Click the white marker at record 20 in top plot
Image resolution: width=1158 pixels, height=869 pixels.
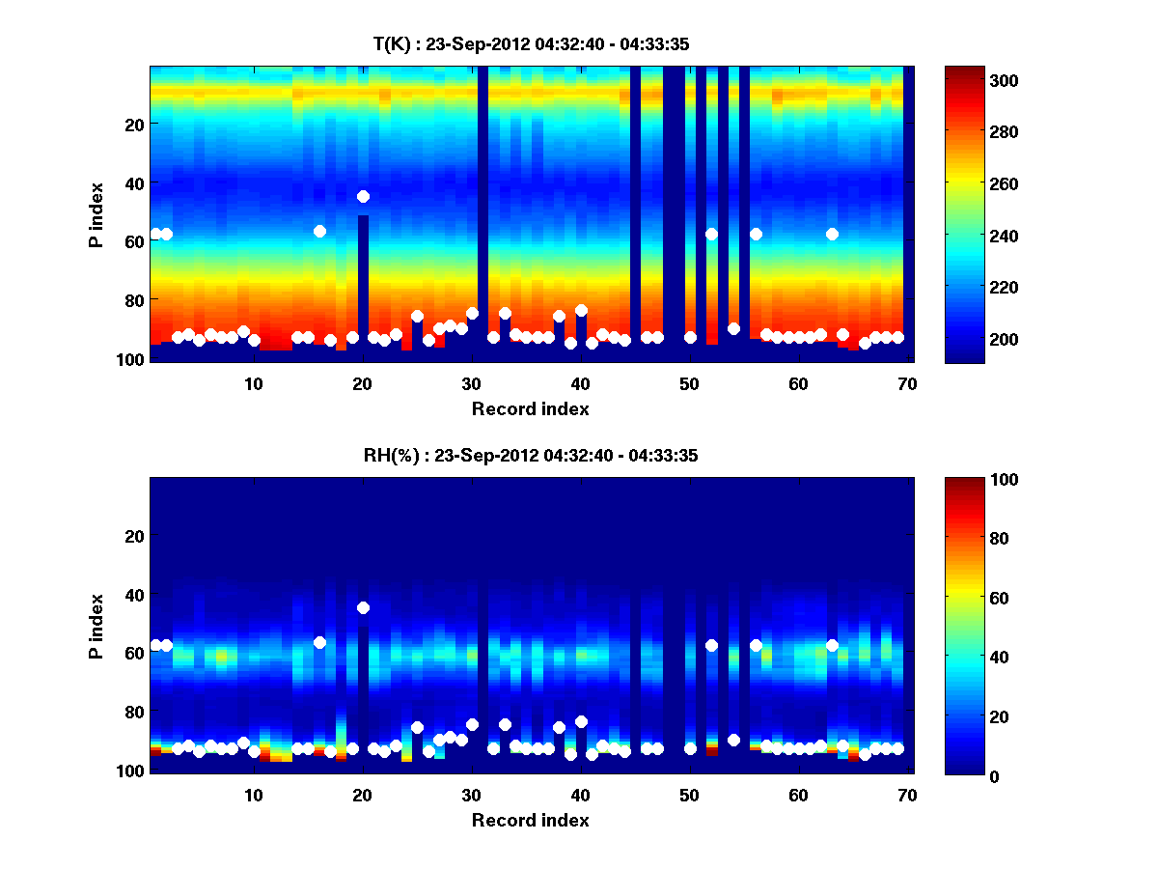tap(363, 196)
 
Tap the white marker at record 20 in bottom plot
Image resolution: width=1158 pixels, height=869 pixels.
tap(363, 607)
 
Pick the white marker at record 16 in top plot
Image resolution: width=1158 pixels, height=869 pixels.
tap(319, 231)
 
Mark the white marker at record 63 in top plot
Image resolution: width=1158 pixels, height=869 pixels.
tap(832, 234)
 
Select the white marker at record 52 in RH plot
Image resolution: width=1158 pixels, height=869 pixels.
tap(711, 645)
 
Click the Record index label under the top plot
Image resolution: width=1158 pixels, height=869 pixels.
tap(530, 408)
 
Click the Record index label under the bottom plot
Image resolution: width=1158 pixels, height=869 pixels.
tap(530, 820)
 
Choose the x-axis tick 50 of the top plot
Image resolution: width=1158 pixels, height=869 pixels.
tap(689, 383)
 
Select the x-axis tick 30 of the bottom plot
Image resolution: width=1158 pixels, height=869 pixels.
tap(471, 795)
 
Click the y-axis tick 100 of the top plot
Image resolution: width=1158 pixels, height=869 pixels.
tap(132, 358)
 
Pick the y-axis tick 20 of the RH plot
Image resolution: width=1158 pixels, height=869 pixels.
tap(136, 536)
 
